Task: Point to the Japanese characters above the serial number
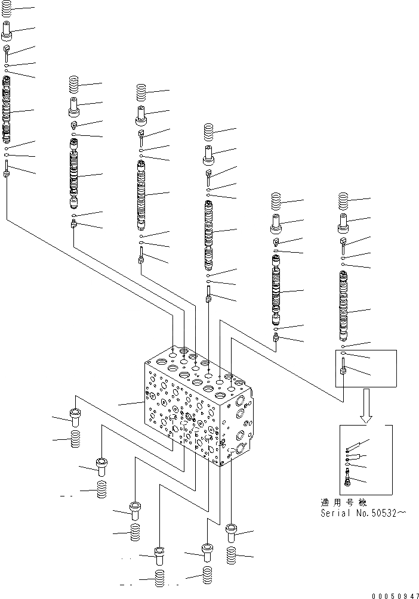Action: [345, 502]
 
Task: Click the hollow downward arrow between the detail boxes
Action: [365, 404]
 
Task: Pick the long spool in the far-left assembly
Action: [7, 110]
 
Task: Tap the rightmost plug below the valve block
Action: [232, 532]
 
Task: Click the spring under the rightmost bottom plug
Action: [232, 556]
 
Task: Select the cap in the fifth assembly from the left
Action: [276, 225]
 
